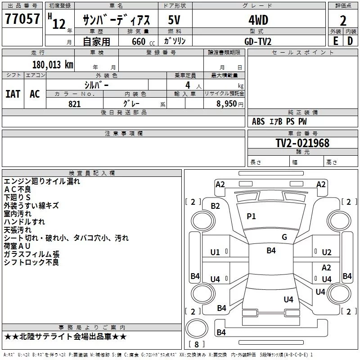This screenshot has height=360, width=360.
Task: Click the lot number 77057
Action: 22,18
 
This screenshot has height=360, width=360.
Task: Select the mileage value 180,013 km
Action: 53,65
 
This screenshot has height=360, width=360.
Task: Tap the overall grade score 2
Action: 343,21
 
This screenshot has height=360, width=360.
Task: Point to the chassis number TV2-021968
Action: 302,143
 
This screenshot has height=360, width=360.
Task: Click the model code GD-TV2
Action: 258,41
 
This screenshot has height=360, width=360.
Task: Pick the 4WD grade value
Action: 258,20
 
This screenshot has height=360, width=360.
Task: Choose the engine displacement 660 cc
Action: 143,42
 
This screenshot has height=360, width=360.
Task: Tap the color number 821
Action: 75,104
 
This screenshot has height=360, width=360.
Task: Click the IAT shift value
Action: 13,94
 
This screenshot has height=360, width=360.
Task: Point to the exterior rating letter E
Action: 336,41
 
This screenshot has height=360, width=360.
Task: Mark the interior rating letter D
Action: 350,41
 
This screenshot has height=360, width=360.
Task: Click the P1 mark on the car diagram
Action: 251,216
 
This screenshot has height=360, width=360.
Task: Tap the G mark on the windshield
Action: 284,237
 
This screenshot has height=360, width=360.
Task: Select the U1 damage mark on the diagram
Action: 215,252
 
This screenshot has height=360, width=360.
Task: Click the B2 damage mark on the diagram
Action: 216,206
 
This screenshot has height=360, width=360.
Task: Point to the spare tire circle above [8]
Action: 197,328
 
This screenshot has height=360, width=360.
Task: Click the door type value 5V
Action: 174,20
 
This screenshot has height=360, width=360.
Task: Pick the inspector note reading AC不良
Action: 18,189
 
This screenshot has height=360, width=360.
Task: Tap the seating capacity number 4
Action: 188,85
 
